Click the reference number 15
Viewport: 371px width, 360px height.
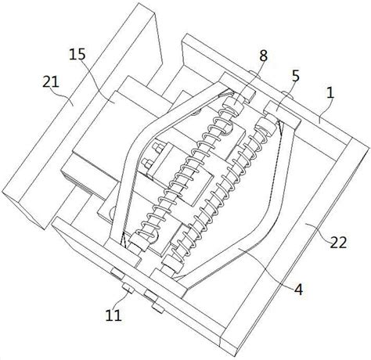point(77,55)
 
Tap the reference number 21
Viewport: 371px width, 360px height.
point(51,82)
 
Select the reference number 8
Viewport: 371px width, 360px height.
point(263,56)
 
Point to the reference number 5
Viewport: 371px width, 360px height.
point(296,76)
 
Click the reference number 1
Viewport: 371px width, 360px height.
point(330,92)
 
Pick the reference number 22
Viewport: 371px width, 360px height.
point(338,243)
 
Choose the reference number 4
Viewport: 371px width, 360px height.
point(299,289)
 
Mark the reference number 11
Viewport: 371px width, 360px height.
point(113,315)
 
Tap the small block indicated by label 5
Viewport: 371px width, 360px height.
point(281,114)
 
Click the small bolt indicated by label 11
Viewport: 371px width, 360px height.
point(128,288)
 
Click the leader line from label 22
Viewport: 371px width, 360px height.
point(319,229)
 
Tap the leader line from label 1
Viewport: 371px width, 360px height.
point(325,109)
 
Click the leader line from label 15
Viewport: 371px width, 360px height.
point(97,81)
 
